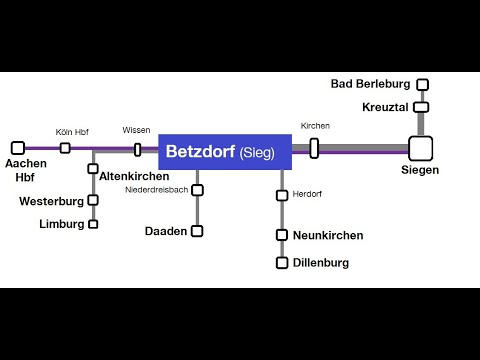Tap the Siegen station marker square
click(420, 148)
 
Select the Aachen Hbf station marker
click(17, 148)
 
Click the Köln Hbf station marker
click(65, 148)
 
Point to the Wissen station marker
click(137, 149)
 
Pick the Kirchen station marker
click(314, 148)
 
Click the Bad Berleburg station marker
click(423, 85)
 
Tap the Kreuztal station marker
click(421, 107)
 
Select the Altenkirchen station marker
click(93, 169)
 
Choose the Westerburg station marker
click(93, 200)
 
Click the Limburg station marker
click(93, 224)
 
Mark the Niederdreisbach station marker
click(197, 190)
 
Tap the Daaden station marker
click(197, 231)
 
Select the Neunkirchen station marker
click(283, 235)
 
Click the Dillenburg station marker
click(283, 263)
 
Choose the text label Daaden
click(165, 231)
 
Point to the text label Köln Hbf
click(72, 132)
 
